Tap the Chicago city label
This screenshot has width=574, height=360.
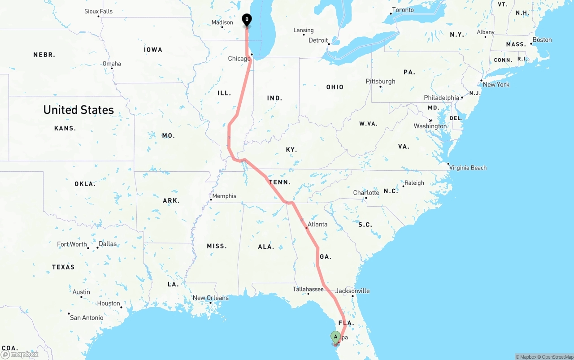[239, 59]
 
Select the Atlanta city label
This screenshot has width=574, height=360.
[317, 224]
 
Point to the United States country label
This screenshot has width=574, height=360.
[78, 110]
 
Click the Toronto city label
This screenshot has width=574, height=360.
[403, 10]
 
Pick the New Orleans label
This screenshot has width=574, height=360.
[210, 298]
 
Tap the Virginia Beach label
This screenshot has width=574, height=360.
[468, 168]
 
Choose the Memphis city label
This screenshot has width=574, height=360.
[224, 196]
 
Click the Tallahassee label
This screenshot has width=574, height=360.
[308, 289]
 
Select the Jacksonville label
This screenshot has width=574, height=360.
[352, 291]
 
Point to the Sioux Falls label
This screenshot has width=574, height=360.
[99, 11]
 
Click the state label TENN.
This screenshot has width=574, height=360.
[280, 182]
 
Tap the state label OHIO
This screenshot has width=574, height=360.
[335, 87]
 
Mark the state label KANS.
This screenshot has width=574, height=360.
[65, 128]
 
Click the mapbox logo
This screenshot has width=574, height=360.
[20, 354]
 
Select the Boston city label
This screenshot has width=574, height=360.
[542, 40]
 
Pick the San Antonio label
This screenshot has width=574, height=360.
[87, 318]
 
